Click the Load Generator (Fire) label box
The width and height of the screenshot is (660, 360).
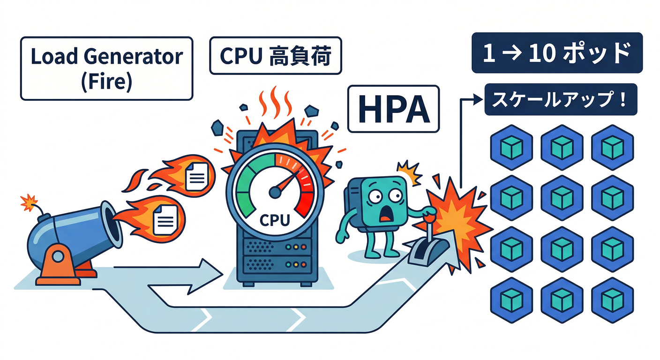(106, 68)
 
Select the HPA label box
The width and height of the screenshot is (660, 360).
(393, 109)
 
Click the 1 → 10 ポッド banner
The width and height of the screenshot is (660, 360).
(556, 53)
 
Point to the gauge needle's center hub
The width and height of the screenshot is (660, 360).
(275, 192)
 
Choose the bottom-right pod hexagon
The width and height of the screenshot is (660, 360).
(612, 299)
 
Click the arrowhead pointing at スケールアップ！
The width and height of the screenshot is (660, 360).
(478, 99)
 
